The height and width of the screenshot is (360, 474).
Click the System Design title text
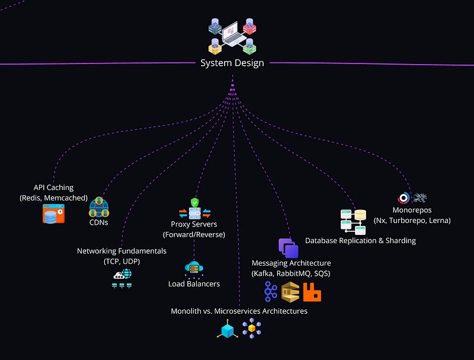(x=232, y=63)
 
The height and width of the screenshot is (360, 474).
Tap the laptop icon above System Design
(x=232, y=34)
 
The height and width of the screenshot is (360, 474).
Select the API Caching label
(x=53, y=187)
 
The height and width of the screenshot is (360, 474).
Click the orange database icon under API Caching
(x=53, y=214)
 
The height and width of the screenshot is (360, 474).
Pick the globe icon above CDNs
(x=99, y=208)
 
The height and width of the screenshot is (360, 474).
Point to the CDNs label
(x=99, y=223)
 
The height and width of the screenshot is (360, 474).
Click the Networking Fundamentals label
(x=121, y=251)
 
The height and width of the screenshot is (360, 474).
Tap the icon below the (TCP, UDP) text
(x=122, y=278)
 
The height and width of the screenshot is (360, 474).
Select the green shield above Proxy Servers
(x=194, y=203)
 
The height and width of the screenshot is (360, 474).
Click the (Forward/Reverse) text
(x=194, y=234)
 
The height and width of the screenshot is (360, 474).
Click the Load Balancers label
(x=194, y=283)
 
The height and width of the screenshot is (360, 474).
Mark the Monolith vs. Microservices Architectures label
(x=239, y=311)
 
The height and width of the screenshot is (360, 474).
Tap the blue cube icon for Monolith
(x=227, y=330)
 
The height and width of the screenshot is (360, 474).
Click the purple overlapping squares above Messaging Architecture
(x=289, y=248)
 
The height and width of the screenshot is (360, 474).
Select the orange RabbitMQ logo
(x=312, y=292)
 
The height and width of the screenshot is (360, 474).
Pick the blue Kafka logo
(x=271, y=291)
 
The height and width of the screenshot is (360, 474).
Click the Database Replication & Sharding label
(x=360, y=240)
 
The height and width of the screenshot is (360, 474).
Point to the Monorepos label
(x=412, y=210)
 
